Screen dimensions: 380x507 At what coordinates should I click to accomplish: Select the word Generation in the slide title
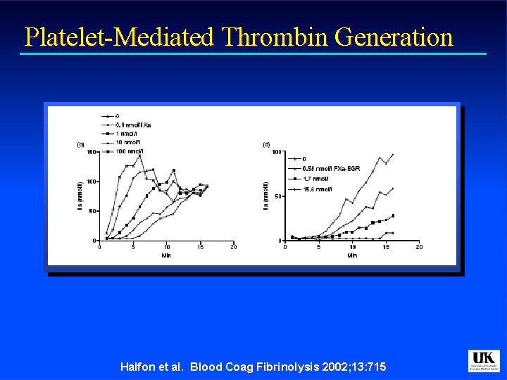(394, 37)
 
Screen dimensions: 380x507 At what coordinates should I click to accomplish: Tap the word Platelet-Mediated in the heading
(118, 37)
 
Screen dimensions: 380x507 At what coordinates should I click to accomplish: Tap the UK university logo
(483, 361)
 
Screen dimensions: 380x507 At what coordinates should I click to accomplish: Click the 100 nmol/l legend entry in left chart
(129, 151)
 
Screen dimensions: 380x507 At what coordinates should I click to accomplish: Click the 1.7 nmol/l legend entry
(310, 179)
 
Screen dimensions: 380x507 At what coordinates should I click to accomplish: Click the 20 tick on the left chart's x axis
(233, 247)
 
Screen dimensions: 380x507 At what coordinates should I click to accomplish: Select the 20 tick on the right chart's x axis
(418, 247)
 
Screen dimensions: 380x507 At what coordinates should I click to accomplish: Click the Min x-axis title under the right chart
(351, 255)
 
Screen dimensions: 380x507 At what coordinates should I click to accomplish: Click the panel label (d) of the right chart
(266, 144)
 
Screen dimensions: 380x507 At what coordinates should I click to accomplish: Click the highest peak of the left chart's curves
(140, 156)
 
